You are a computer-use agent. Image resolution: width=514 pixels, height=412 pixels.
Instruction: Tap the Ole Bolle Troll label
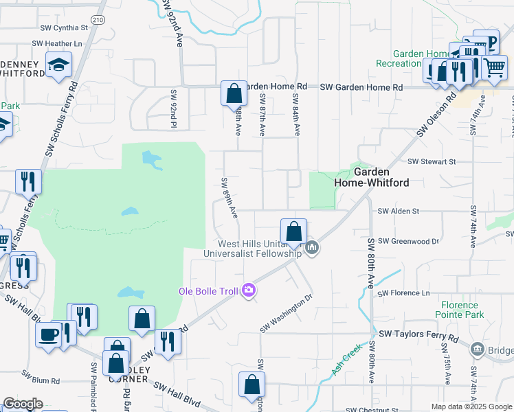pyautogui.click(x=208, y=291)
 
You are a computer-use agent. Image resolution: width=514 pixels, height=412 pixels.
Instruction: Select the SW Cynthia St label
pyautogui.click(x=65, y=28)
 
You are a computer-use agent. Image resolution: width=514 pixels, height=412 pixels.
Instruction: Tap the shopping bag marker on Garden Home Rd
pyautogui.click(x=234, y=93)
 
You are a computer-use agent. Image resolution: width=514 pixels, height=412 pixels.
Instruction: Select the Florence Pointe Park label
pyautogui.click(x=460, y=310)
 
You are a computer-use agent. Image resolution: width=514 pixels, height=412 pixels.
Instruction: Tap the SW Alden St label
pyautogui.click(x=400, y=211)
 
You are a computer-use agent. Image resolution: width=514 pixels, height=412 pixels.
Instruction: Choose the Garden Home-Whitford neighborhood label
pyautogui.click(x=372, y=177)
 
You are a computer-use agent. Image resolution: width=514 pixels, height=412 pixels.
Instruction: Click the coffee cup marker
pyautogui.click(x=48, y=334)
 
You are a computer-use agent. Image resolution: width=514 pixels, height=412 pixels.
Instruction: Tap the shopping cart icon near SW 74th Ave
pyautogui.click(x=493, y=67)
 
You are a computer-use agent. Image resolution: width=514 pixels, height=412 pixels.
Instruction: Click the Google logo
pyautogui.click(x=23, y=404)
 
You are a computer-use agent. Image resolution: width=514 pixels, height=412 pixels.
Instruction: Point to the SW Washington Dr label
pyautogui.click(x=286, y=314)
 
